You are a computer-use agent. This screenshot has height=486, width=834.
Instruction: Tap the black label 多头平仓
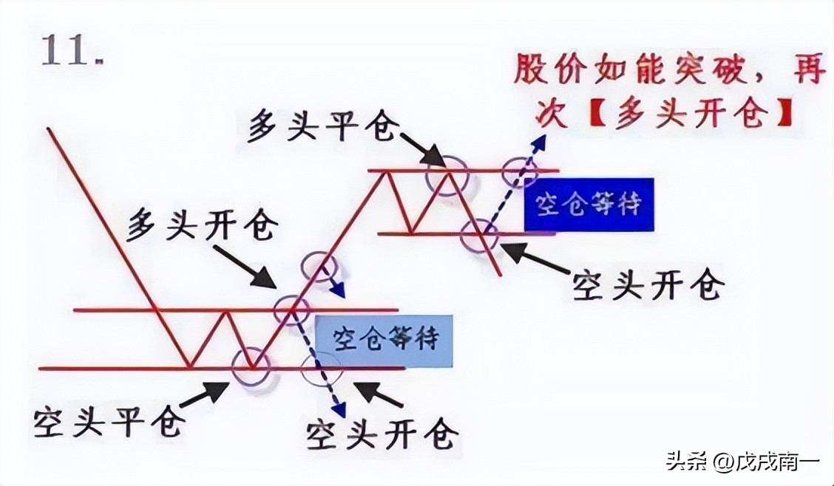point(323,126)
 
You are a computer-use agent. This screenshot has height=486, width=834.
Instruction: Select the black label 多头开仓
point(202,225)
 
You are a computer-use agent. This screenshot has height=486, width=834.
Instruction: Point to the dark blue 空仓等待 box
point(589,205)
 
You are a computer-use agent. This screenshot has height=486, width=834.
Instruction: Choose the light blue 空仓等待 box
point(384,340)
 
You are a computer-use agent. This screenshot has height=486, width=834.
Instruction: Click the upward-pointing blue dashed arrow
point(515,182)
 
